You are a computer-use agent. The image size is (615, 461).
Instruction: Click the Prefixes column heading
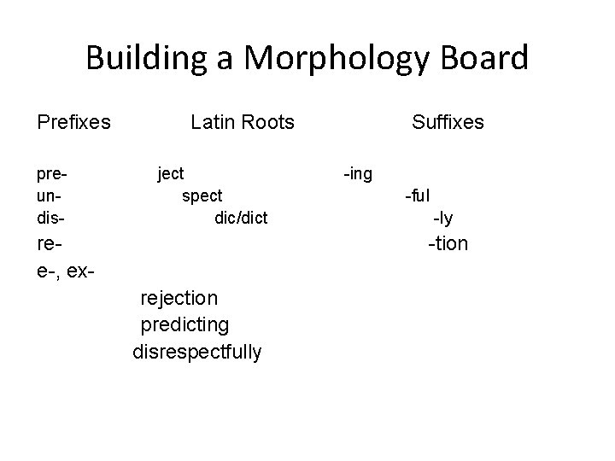(x=73, y=122)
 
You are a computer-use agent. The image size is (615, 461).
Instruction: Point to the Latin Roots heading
(x=243, y=122)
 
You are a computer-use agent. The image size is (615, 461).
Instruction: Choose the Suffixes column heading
(x=448, y=122)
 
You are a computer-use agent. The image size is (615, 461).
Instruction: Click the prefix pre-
(x=52, y=174)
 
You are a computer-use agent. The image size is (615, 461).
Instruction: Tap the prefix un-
(x=49, y=196)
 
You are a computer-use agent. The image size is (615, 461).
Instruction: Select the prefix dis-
(x=50, y=219)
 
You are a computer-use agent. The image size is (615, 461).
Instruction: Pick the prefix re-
(x=49, y=244)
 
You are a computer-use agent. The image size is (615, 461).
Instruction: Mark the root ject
(x=171, y=174)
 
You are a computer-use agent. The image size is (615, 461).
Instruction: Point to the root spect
(x=202, y=196)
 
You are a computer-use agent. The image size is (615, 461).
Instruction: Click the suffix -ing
(x=357, y=174)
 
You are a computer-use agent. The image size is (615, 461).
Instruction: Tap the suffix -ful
(x=417, y=196)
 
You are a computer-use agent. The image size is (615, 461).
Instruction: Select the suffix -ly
(x=443, y=219)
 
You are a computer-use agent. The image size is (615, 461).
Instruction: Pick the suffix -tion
(x=448, y=244)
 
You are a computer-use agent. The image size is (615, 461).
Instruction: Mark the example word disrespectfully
(x=197, y=353)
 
